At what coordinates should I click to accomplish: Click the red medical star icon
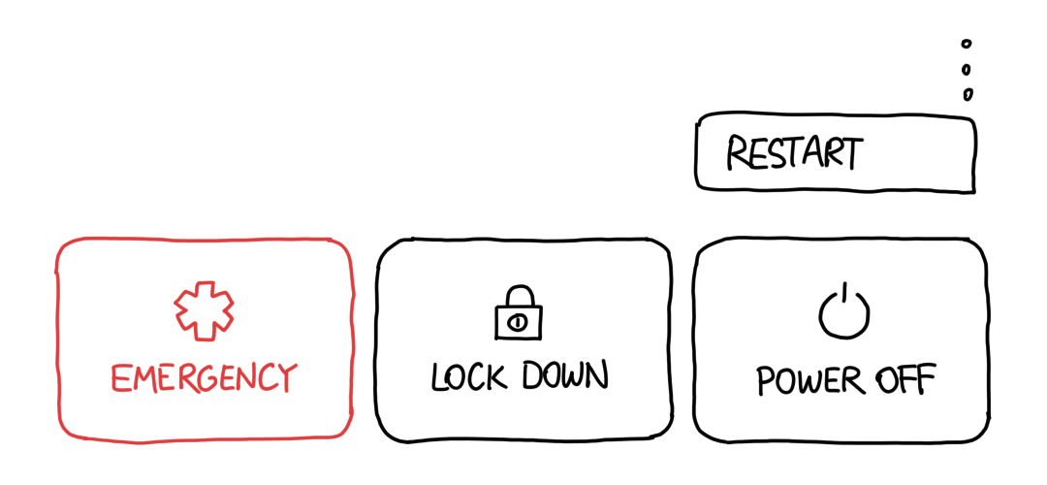click(x=205, y=310)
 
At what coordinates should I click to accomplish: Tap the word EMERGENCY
click(x=204, y=378)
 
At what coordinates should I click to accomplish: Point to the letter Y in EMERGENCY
click(x=286, y=378)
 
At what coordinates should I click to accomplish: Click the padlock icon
click(x=518, y=312)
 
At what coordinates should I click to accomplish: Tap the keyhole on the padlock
click(x=518, y=323)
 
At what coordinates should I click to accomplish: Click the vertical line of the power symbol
click(x=844, y=295)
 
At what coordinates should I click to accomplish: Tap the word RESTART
click(x=795, y=152)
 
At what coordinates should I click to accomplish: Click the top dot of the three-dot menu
click(x=967, y=44)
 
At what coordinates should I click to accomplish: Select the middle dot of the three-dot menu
click(x=967, y=69)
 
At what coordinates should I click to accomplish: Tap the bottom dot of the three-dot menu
click(x=968, y=94)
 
